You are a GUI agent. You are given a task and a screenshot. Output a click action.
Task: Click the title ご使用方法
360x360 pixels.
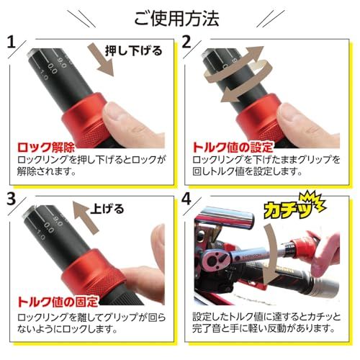coord(179,15)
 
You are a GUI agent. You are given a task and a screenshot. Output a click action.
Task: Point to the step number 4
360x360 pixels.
coord(186,198)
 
